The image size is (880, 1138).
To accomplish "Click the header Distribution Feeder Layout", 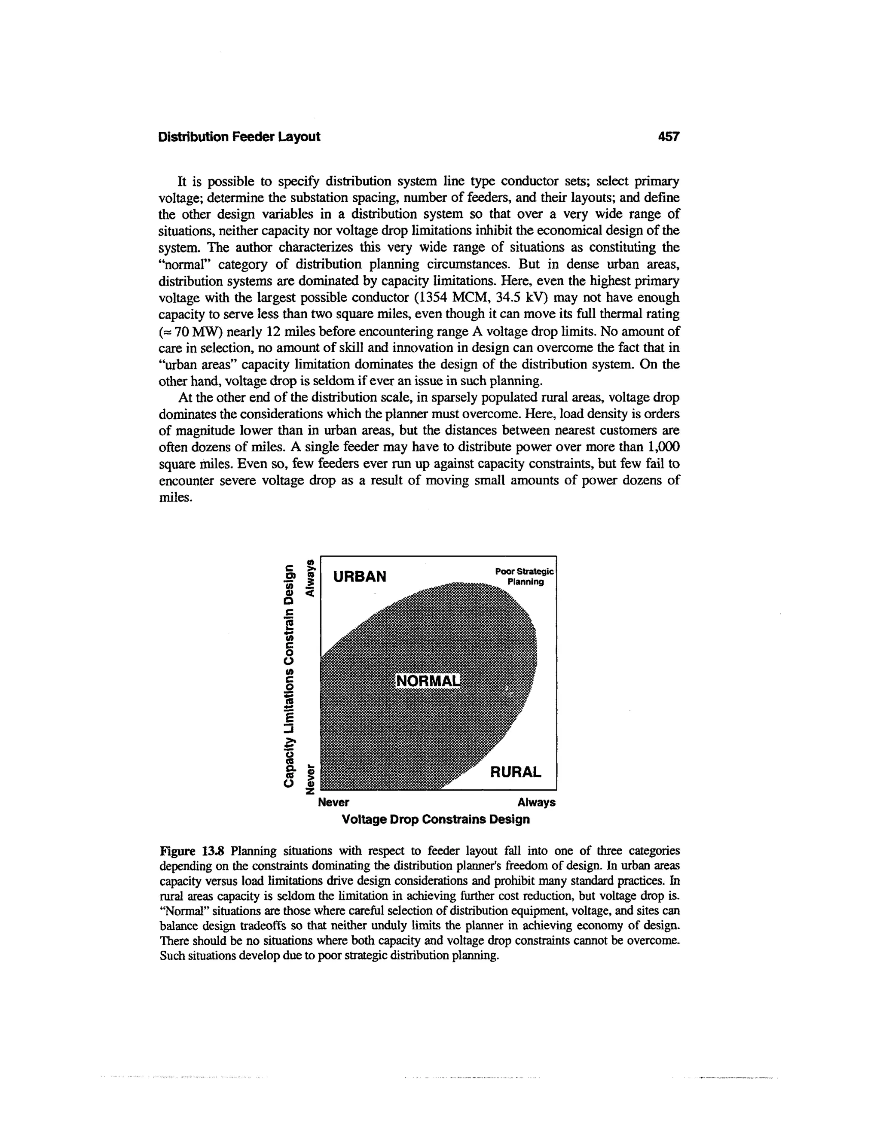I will coord(239,137).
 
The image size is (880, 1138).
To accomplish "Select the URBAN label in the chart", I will coord(360,577).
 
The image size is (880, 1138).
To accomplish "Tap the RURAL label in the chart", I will coord(516,772).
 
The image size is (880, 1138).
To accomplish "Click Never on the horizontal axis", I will coord(333,802).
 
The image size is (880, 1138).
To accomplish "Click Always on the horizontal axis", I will coord(536,802).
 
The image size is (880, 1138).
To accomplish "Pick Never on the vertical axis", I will coord(311,779).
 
